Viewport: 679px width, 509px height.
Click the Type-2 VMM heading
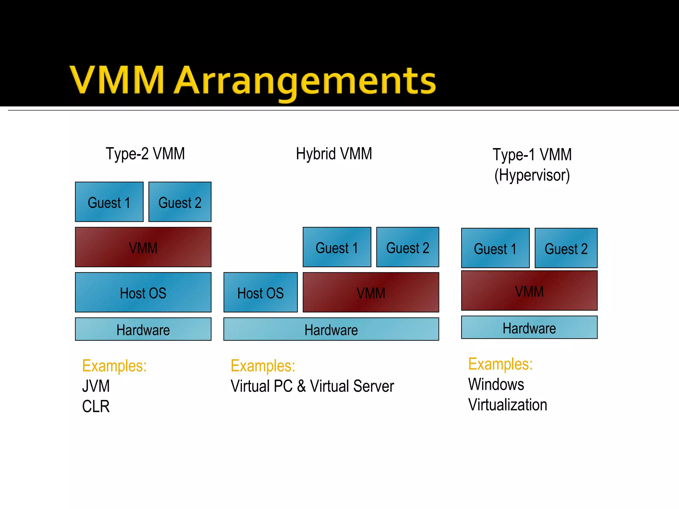coord(145,154)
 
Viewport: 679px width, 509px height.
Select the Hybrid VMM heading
coord(334,154)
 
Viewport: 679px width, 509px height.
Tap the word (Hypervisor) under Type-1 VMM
coord(532,175)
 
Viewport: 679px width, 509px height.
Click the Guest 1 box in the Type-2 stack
coord(109,202)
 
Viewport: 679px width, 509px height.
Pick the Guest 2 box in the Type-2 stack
coord(180,202)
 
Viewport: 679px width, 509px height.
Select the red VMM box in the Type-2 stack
coord(143,247)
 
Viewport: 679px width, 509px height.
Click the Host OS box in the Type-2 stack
coord(143,293)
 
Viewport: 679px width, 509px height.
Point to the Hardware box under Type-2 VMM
coord(143,329)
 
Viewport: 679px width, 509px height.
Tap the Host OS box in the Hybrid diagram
coord(260,293)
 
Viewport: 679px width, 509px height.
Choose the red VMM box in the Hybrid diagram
coord(371,293)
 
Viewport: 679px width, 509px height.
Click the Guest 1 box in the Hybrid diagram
coord(337,248)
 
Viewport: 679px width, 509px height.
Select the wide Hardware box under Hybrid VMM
coord(331,329)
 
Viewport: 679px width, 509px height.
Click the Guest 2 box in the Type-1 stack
coord(566,248)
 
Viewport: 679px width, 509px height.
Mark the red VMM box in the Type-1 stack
coord(529,291)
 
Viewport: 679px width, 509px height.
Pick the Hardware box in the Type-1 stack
coord(529,328)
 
